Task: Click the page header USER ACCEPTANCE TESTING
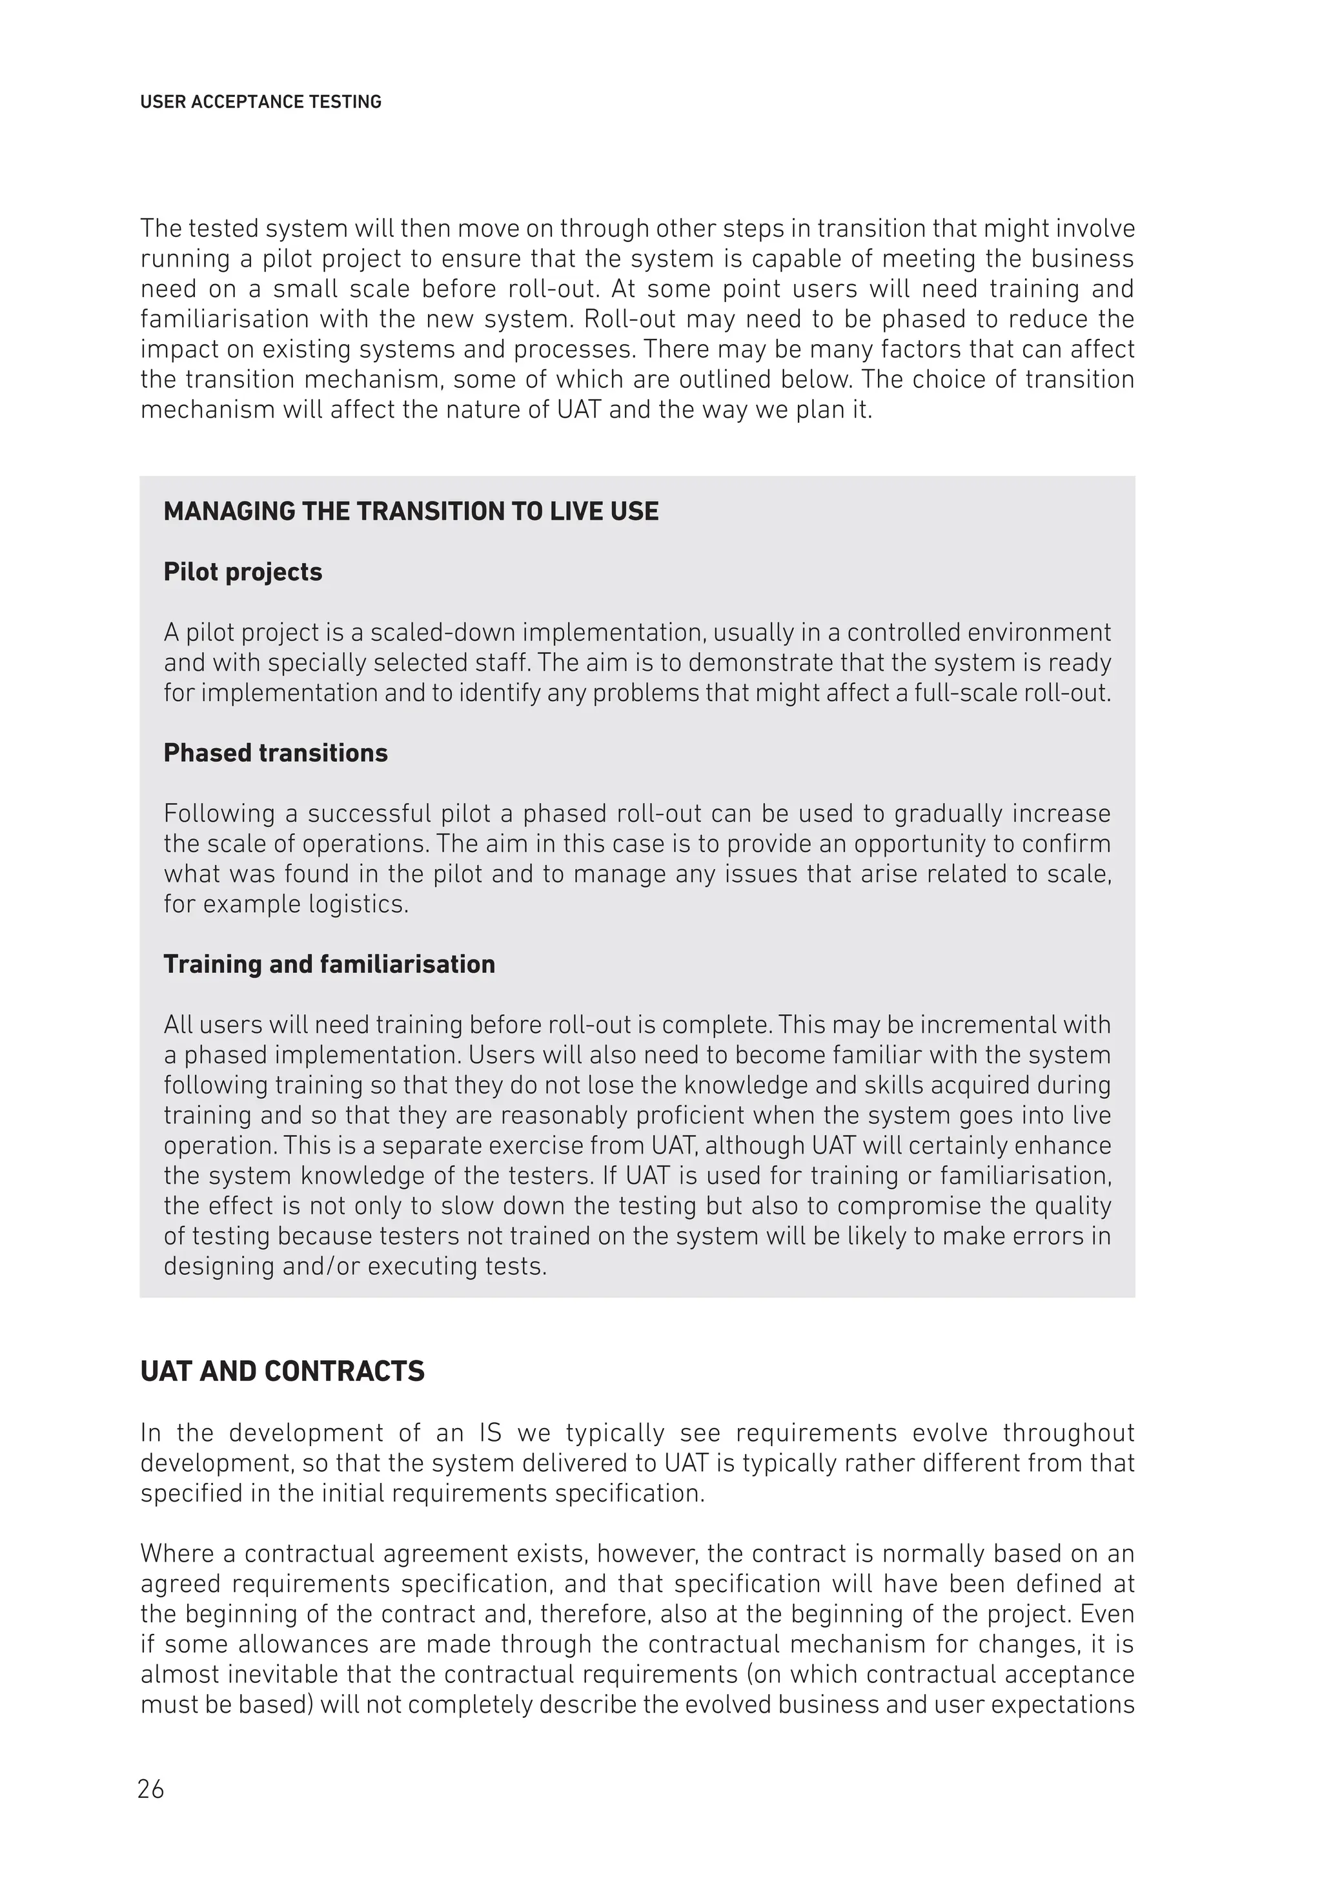click(x=260, y=102)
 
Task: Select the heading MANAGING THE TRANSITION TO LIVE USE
click(x=411, y=512)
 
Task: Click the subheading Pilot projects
click(x=242, y=572)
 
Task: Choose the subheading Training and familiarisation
click(x=329, y=964)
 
